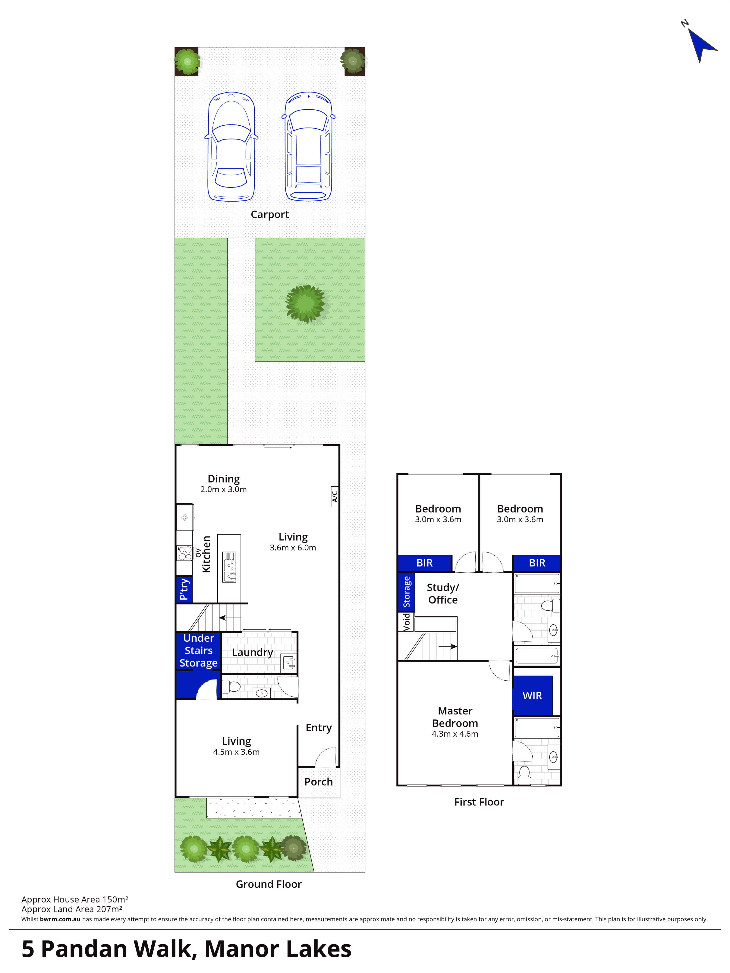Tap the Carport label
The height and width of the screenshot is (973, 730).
(270, 215)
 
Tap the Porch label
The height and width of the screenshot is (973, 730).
(318, 782)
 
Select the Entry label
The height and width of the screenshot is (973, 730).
(318, 728)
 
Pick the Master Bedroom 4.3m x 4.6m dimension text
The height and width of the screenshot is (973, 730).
(455, 734)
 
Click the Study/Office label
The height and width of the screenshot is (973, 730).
(443, 594)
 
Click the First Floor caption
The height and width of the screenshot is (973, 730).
(479, 802)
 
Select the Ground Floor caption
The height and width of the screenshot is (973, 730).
(269, 884)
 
